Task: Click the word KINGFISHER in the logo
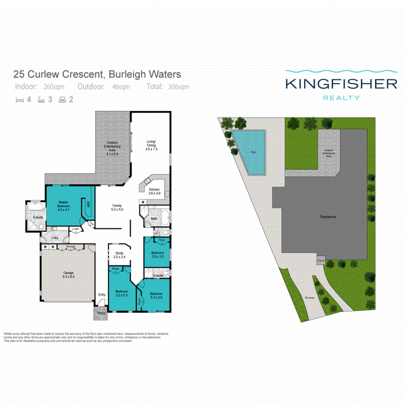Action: coord(341,83)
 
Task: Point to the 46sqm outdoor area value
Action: coord(121,86)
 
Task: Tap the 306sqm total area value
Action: coord(178,86)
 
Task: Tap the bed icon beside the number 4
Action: coord(19,100)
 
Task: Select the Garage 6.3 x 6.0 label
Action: coord(68,274)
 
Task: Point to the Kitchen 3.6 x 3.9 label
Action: coord(154,191)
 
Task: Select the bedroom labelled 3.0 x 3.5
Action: coord(157,255)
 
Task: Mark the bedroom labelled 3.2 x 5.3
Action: coord(121,293)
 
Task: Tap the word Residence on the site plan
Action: coord(328,216)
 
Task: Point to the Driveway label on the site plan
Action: coord(309,298)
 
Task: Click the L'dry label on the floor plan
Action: coord(55,238)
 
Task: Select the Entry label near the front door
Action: coord(102,295)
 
